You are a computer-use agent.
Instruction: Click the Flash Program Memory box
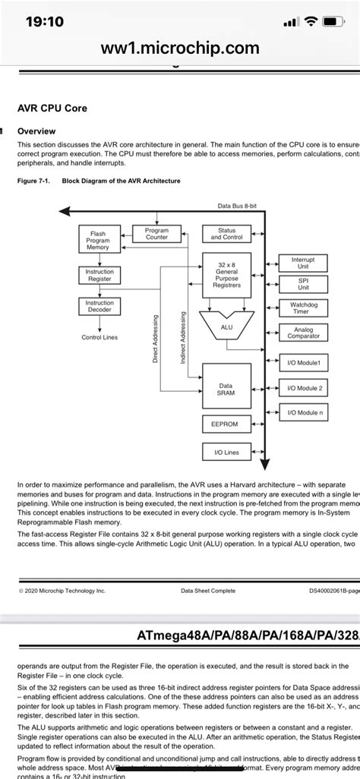pos(98,240)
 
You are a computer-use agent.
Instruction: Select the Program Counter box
pos(156,233)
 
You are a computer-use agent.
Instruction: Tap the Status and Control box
pos(226,233)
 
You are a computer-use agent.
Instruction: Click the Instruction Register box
pos(99,275)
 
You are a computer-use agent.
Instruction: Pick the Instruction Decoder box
pos(99,306)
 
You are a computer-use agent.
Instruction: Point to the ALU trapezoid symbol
pos(226,326)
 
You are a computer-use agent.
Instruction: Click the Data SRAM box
pos(226,389)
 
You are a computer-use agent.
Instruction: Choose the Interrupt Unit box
pos(304,263)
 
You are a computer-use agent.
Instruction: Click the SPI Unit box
pos(304,284)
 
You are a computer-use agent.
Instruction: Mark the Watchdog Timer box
pos(304,307)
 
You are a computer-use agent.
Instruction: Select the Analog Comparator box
pos(304,333)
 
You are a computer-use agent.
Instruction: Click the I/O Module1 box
pos(304,363)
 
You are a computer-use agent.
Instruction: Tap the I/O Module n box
pos(304,413)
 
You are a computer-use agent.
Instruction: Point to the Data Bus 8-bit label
pos(237,206)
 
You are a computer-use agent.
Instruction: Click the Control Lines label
pos(99,337)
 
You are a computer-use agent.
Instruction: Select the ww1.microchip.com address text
pos(179,48)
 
